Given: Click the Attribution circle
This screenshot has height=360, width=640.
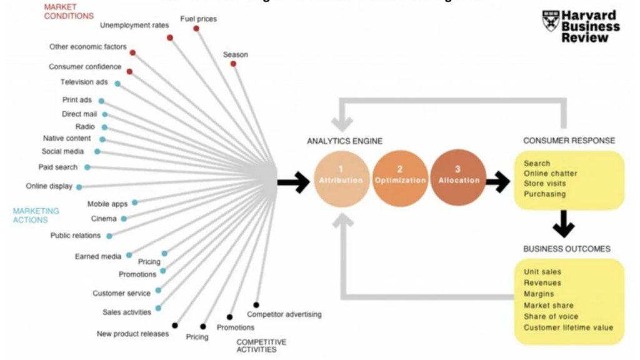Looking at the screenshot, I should tap(341, 179).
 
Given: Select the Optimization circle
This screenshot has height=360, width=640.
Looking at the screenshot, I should tap(400, 179).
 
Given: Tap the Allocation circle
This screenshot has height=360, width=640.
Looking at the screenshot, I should tap(457, 179).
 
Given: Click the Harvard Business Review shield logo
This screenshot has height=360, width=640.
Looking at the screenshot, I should tap(550, 21).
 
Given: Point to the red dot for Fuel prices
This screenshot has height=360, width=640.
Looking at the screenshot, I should tap(196, 29).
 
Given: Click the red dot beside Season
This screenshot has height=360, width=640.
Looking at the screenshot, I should tap(233, 64).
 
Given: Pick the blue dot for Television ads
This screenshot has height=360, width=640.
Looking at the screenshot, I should tap(117, 84).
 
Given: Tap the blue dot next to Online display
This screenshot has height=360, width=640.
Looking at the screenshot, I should tap(79, 187).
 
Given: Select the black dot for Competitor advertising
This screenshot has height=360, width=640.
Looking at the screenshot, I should tap(256, 305).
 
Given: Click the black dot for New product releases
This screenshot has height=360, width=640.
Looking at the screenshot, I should tap(175, 326).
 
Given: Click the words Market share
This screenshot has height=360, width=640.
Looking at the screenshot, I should tap(548, 306).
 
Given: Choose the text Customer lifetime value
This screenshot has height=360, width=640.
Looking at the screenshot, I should tap(568, 327).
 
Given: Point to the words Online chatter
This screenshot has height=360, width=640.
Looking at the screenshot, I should tap(550, 174).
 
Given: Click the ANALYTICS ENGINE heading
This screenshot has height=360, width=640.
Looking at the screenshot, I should tap(344, 141).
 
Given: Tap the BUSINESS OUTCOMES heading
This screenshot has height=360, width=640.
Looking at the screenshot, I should tap(566, 249).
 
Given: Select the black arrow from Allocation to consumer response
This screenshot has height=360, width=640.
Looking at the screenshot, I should tap(497, 182).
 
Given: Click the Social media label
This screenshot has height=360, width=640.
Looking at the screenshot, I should tap(62, 151).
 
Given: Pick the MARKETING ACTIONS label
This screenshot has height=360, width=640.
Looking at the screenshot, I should tap(36, 216).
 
